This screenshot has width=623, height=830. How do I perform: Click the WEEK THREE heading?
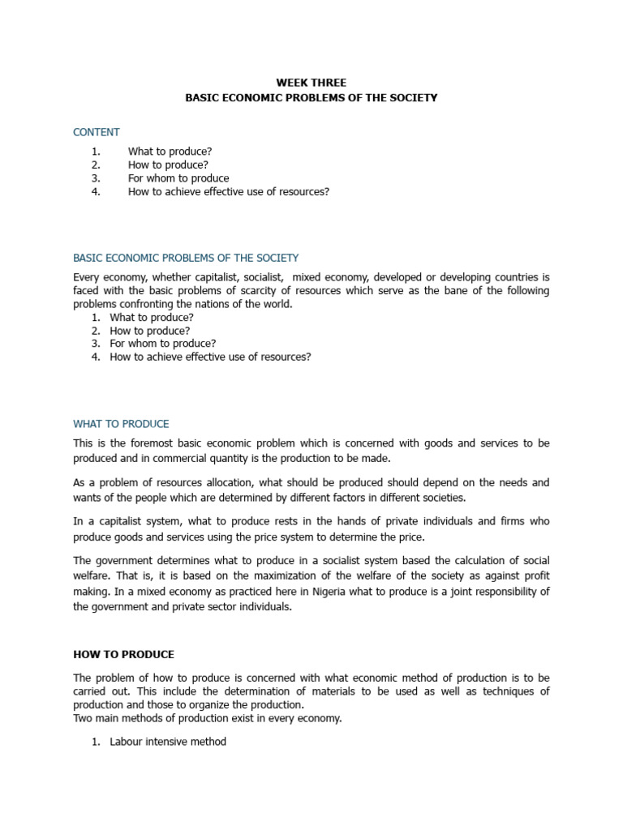click(x=311, y=83)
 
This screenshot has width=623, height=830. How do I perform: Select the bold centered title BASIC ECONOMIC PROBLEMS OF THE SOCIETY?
click(x=311, y=97)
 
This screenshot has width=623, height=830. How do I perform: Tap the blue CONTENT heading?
click(x=97, y=132)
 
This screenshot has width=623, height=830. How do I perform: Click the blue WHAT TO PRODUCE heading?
click(x=121, y=424)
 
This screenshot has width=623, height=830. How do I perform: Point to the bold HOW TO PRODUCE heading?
click(x=123, y=654)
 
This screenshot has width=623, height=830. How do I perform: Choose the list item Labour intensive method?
click(x=168, y=741)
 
